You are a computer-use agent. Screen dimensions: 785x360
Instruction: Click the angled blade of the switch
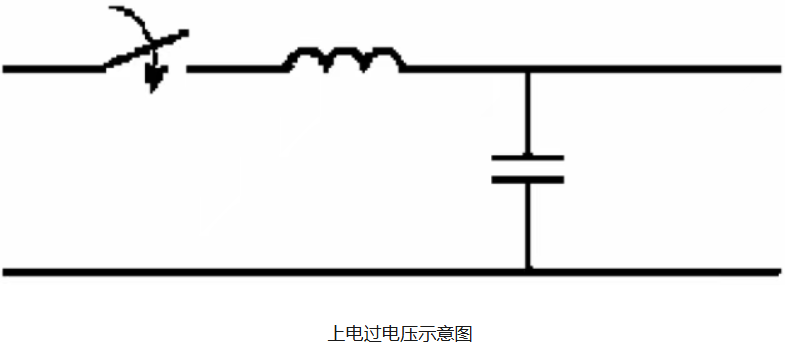click(146, 49)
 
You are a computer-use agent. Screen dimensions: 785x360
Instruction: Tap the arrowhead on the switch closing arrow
click(155, 80)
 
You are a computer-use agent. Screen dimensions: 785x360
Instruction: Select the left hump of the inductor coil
click(306, 54)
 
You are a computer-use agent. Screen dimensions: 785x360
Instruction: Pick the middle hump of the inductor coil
click(344, 54)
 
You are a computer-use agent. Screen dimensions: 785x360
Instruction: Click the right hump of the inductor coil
click(383, 54)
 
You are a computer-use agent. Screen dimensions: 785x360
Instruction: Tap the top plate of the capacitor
click(528, 158)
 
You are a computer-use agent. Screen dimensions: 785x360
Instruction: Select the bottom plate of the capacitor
click(528, 179)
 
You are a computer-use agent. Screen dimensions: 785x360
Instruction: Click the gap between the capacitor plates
click(528, 168)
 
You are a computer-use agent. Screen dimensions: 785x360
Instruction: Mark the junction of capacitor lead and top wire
click(527, 69)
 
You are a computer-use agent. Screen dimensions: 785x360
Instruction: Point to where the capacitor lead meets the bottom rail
click(528, 272)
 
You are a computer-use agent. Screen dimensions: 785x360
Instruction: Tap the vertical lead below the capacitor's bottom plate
click(528, 226)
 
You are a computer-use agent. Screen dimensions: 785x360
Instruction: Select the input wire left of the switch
click(54, 69)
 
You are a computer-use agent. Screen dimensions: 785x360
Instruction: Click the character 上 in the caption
click(335, 333)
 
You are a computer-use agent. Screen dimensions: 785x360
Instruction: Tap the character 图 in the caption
click(464, 333)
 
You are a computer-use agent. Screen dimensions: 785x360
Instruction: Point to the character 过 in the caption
click(368, 333)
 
